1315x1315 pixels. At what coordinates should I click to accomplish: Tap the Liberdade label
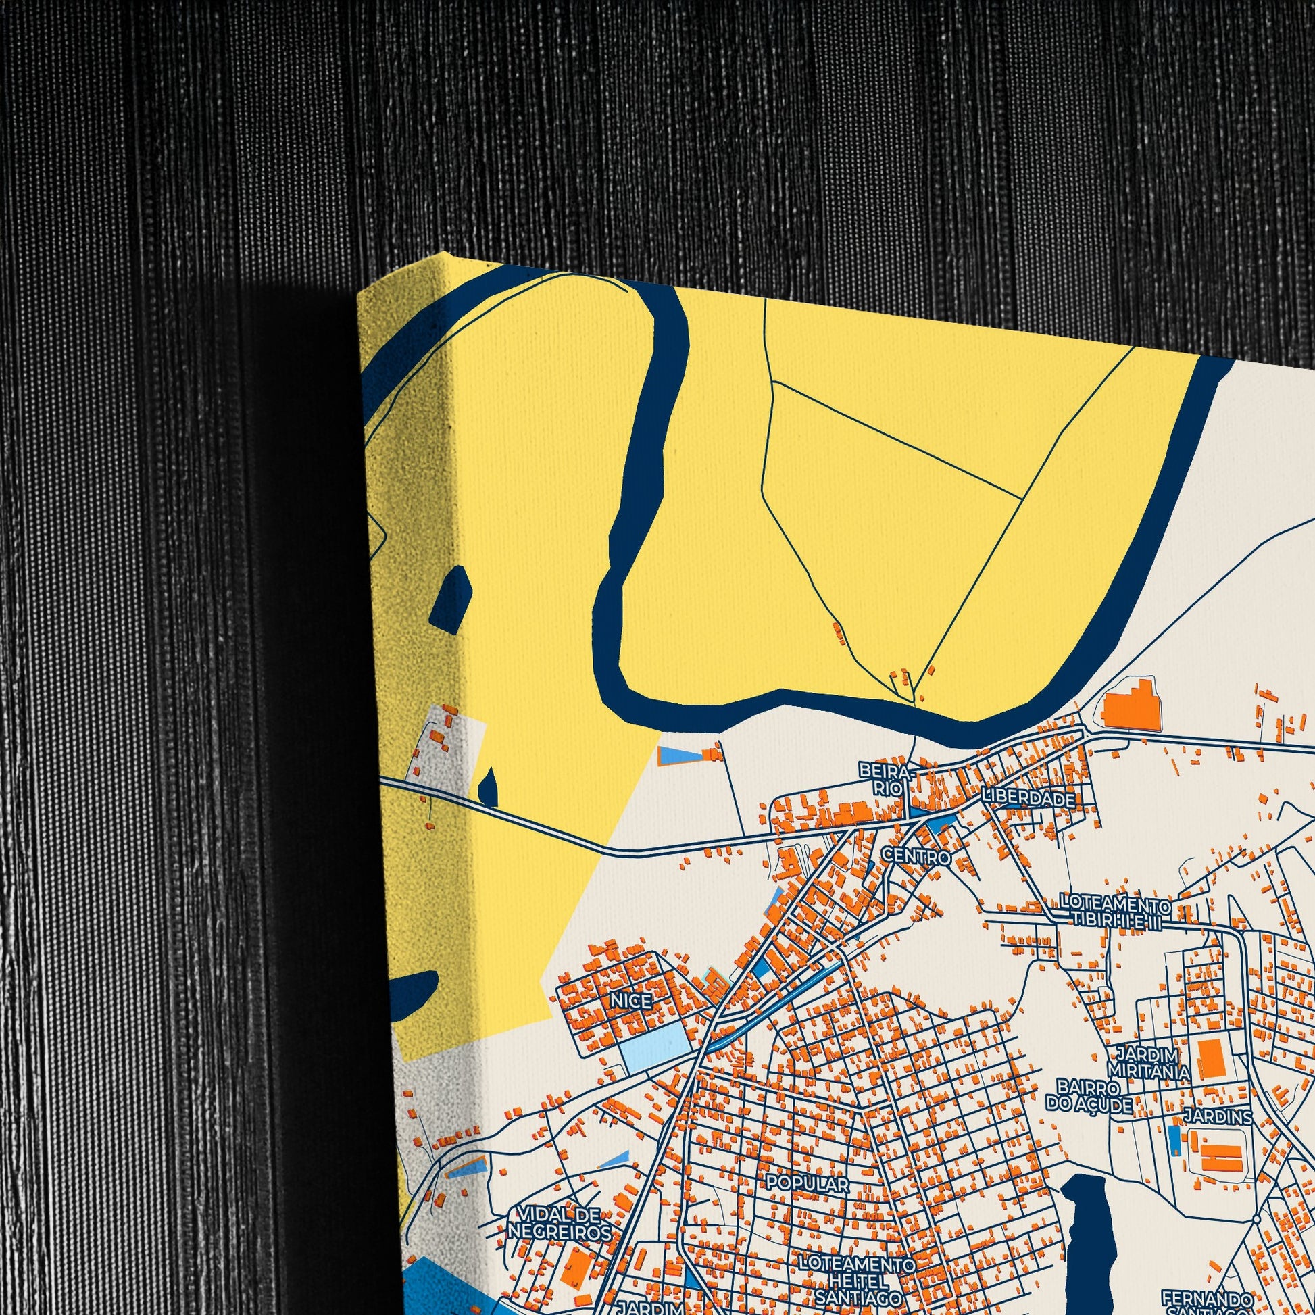[x=1028, y=799]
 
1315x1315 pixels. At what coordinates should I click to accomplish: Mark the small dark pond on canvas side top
[x=451, y=602]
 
